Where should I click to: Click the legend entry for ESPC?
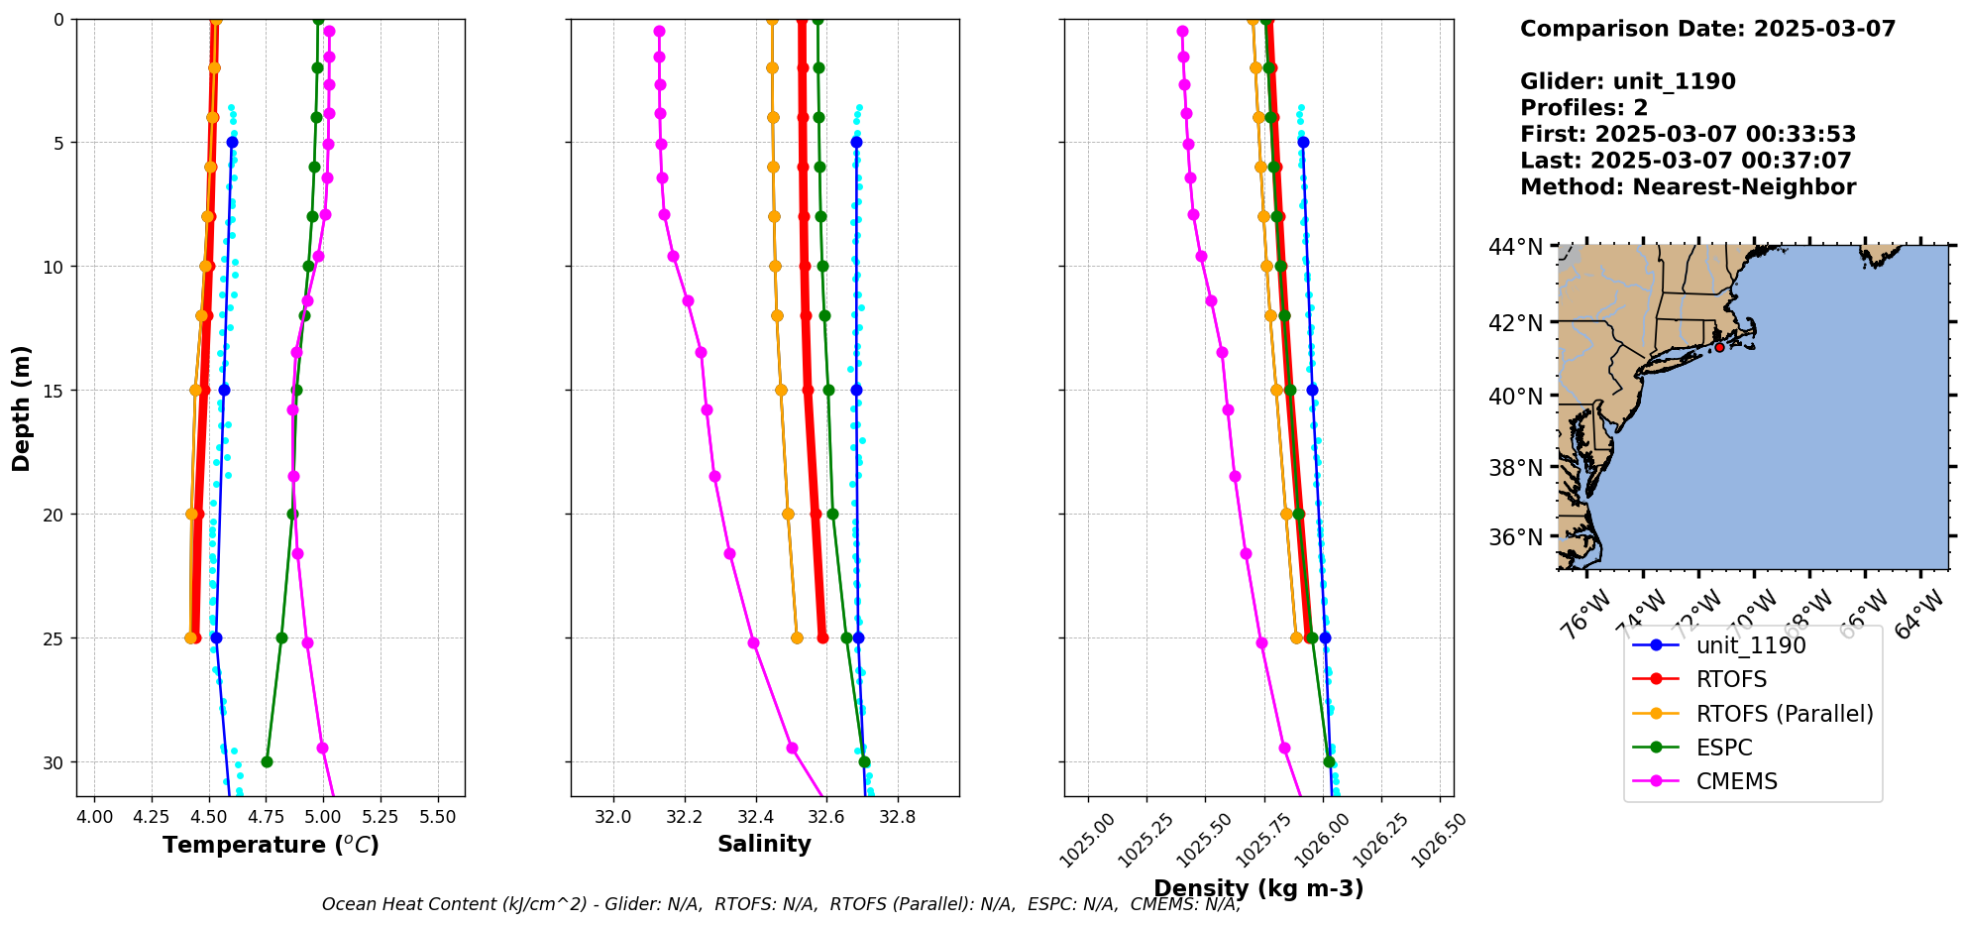coord(1723,748)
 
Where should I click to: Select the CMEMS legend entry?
coord(1736,781)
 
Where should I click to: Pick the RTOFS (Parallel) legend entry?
coord(1784,714)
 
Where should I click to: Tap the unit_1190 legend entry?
coord(1750,645)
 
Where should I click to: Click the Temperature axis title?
coord(271,845)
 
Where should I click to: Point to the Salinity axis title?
coord(764,844)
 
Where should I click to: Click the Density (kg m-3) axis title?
coord(1258,888)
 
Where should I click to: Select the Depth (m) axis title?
coord(22,407)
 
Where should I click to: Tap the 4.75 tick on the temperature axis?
coord(266,817)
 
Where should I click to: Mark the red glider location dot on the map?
coord(1719,347)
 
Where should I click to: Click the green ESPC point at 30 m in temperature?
coord(267,761)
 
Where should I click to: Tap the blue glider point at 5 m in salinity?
coord(856,143)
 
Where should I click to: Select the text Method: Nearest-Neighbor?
coord(1688,186)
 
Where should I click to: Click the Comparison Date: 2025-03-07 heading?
coord(1707,29)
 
